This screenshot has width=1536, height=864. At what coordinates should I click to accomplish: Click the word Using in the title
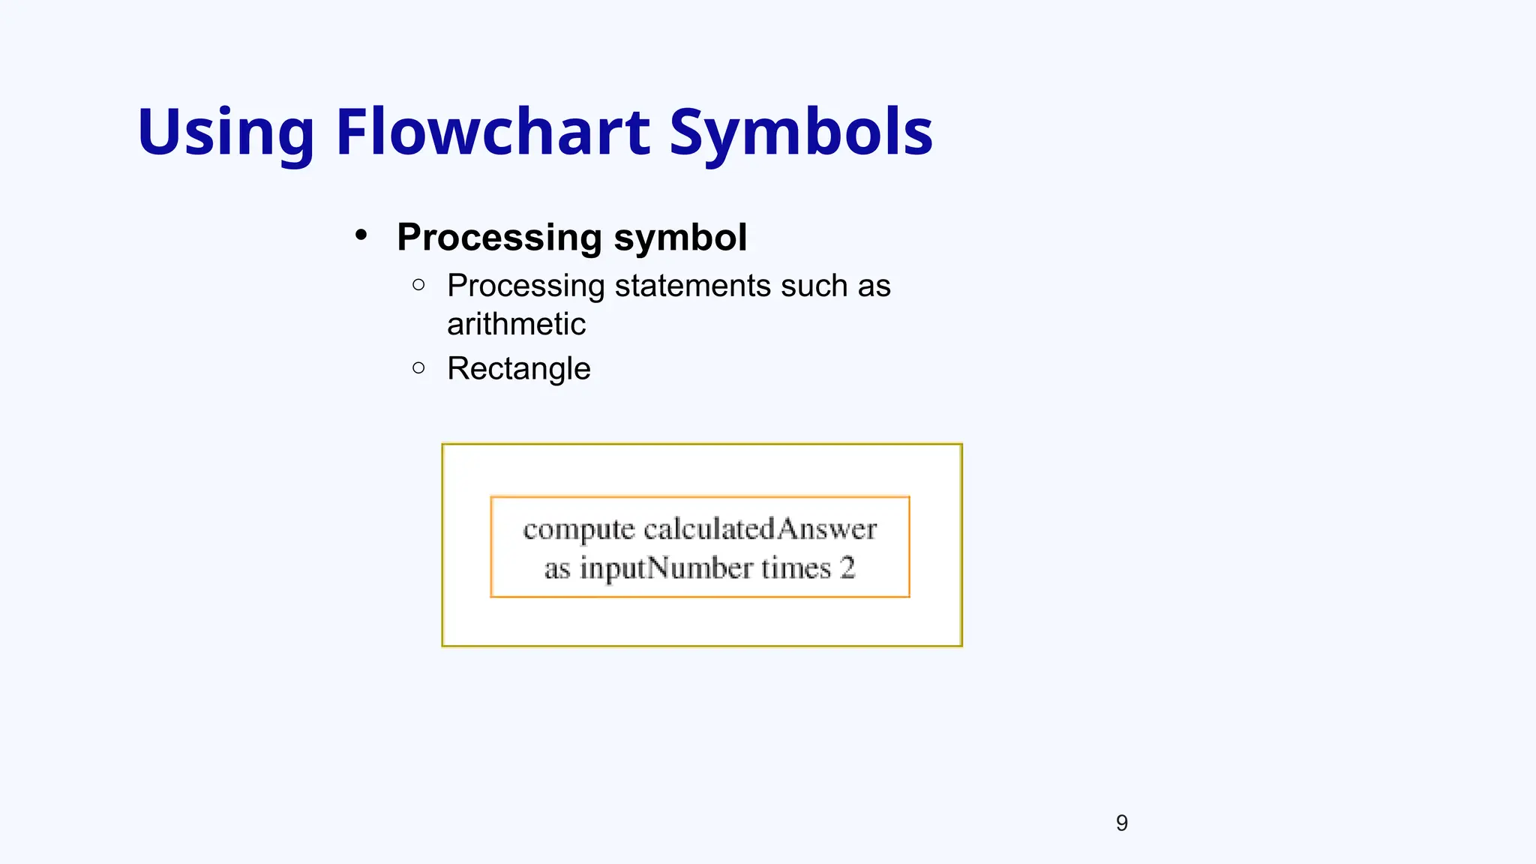[225, 133]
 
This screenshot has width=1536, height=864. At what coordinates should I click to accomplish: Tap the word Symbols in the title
[800, 133]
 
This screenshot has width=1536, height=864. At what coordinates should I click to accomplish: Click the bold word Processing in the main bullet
[500, 238]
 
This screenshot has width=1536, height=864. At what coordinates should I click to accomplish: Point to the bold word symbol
[680, 238]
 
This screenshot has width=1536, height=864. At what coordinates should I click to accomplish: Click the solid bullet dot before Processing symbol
[361, 235]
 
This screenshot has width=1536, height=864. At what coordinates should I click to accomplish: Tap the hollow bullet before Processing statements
[418, 284]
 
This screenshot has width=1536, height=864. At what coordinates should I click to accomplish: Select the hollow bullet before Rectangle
[418, 367]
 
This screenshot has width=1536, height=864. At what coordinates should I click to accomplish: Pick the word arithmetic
[516, 324]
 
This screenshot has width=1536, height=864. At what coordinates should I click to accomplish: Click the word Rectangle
[518, 368]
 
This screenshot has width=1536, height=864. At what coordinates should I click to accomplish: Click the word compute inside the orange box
[578, 529]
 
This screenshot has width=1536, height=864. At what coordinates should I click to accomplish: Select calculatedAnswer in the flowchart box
[760, 529]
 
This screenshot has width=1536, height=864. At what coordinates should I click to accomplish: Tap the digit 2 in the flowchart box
[847, 568]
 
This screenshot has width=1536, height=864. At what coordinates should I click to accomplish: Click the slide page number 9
[1121, 823]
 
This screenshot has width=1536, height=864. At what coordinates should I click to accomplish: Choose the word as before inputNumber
[557, 568]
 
